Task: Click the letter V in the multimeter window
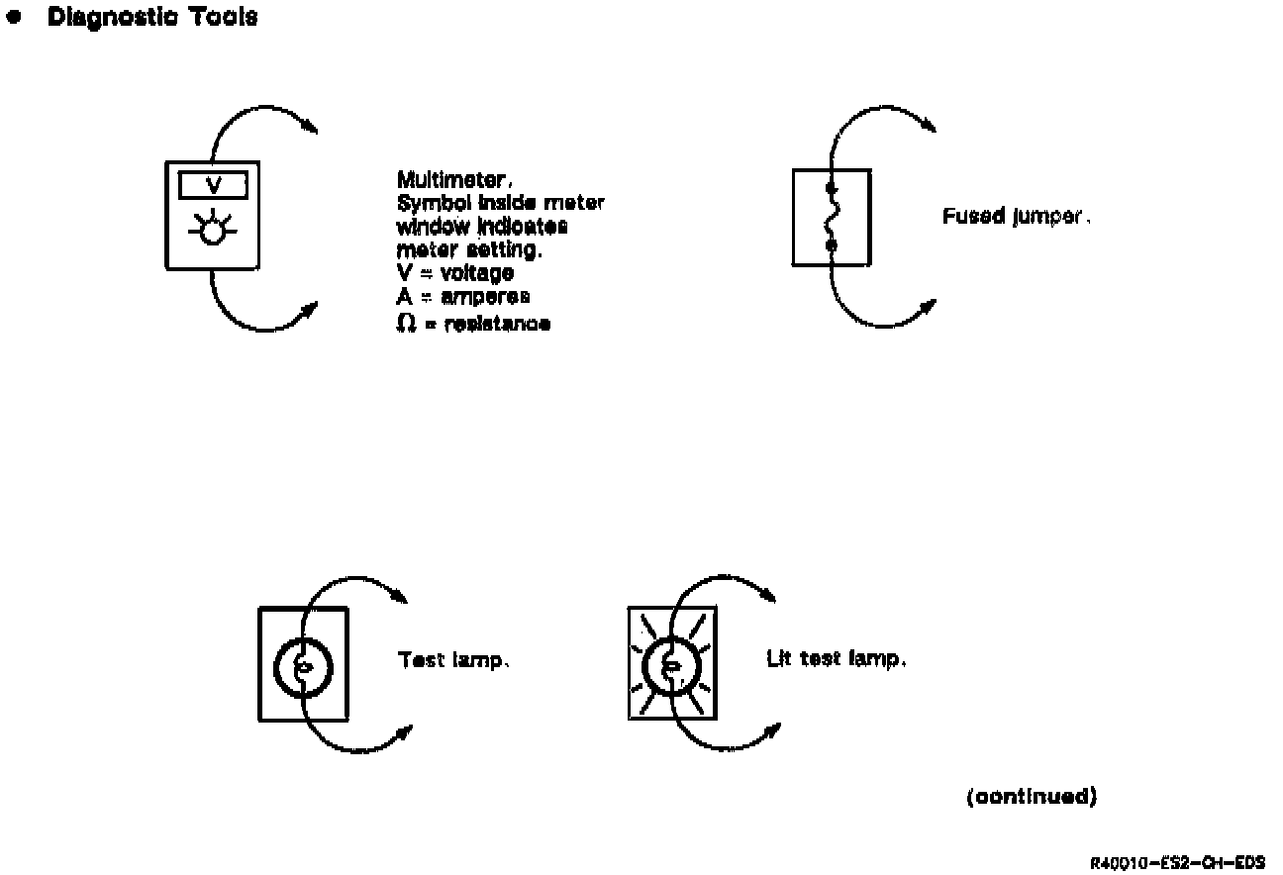pyautogui.click(x=212, y=185)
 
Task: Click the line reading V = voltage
pyautogui.click(x=454, y=274)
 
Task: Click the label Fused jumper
pyautogui.click(x=1016, y=217)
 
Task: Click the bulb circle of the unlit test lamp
pyautogui.click(x=303, y=666)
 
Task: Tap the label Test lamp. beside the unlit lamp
pyautogui.click(x=453, y=660)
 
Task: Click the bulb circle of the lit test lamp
pyautogui.click(x=672, y=666)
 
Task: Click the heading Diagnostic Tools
pyautogui.click(x=152, y=17)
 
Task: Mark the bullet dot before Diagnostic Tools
pyautogui.click(x=13, y=18)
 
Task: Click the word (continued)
pyautogui.click(x=1031, y=797)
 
